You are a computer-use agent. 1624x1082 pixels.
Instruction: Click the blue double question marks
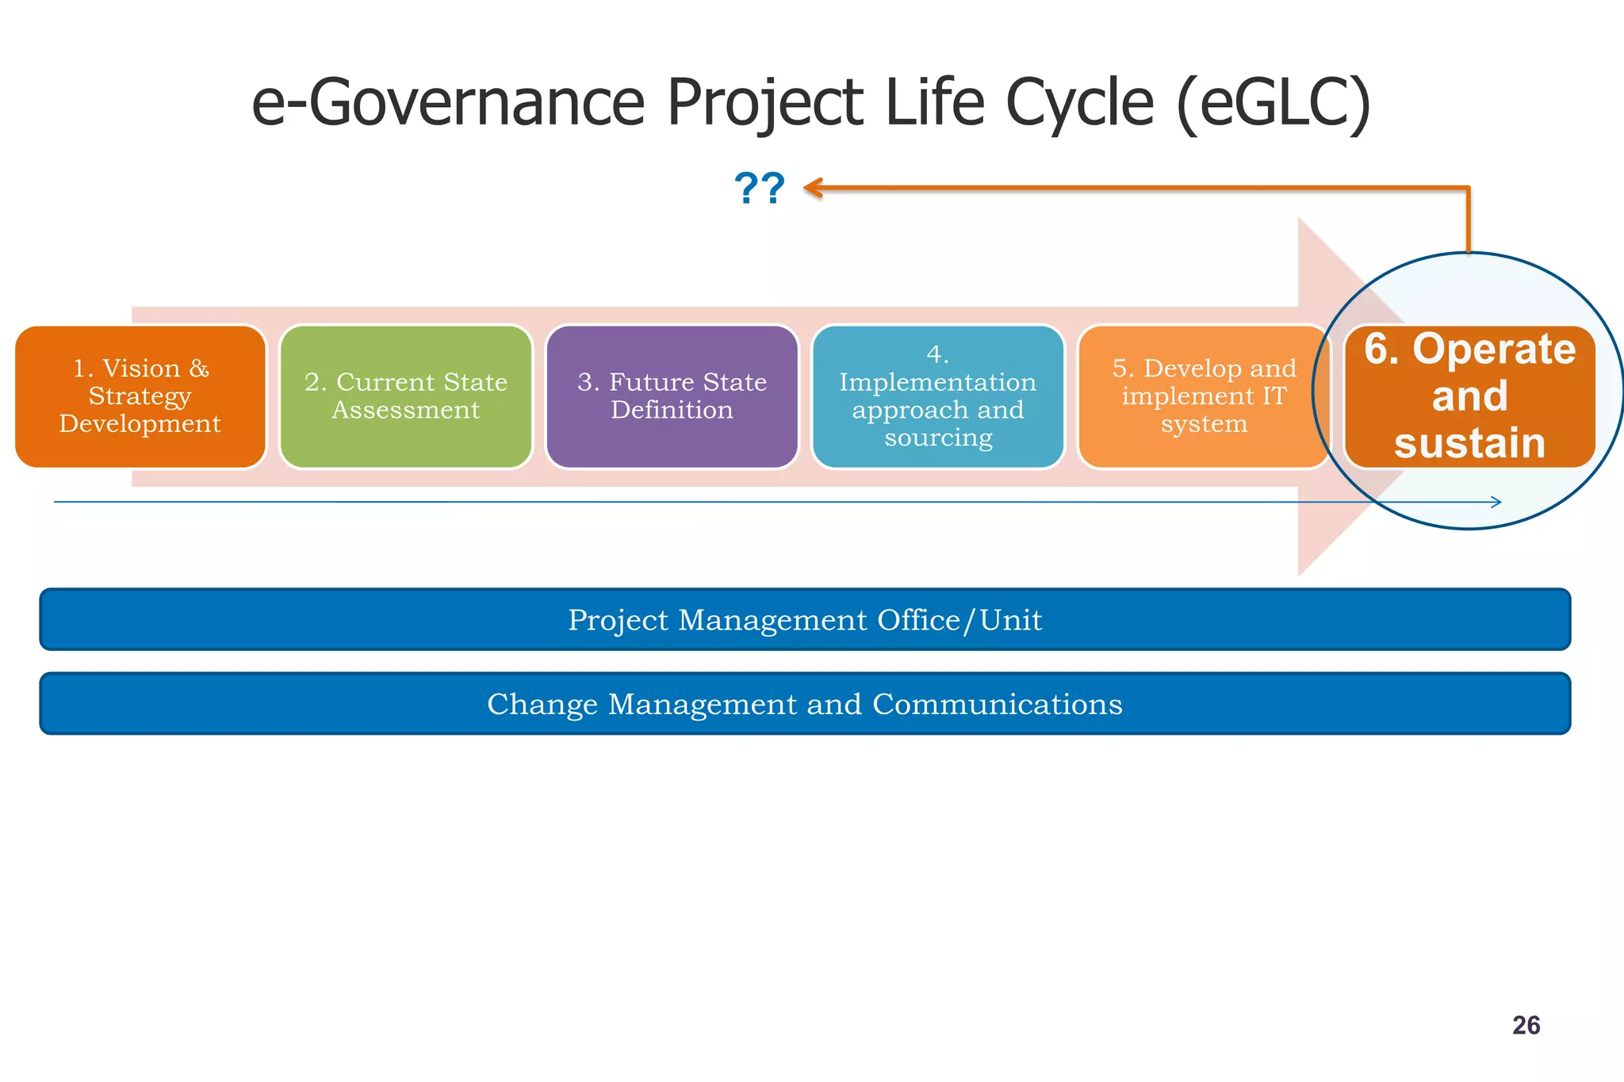tap(759, 189)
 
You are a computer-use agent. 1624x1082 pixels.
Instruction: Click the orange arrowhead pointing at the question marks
tap(812, 188)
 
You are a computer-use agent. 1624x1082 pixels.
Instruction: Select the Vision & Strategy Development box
tap(140, 396)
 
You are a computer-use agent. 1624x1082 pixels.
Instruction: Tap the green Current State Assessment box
tap(406, 396)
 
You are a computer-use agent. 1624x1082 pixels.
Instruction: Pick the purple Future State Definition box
tap(672, 396)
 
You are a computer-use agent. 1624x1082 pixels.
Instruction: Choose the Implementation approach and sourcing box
tap(938, 396)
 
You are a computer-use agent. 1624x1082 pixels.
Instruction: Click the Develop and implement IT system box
tap(1204, 396)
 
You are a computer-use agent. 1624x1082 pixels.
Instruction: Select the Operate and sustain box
tap(1469, 396)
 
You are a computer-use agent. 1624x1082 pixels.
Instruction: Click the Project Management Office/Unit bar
tap(805, 620)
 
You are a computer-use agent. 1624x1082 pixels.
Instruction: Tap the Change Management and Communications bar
tap(805, 704)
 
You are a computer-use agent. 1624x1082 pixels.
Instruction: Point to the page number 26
tap(1526, 1026)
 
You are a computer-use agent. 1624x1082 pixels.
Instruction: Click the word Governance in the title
tap(476, 103)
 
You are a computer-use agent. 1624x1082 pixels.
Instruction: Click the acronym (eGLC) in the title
tap(1274, 103)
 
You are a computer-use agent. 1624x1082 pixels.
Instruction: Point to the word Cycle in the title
tap(1079, 103)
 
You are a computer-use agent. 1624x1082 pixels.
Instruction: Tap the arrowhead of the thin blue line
tap(1496, 502)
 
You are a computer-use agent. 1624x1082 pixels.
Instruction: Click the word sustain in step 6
tap(1469, 443)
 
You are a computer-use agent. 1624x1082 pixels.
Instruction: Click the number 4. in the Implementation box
tap(938, 354)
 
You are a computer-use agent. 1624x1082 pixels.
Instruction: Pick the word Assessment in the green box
tap(406, 410)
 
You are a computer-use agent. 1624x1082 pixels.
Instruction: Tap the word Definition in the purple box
tap(672, 410)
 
